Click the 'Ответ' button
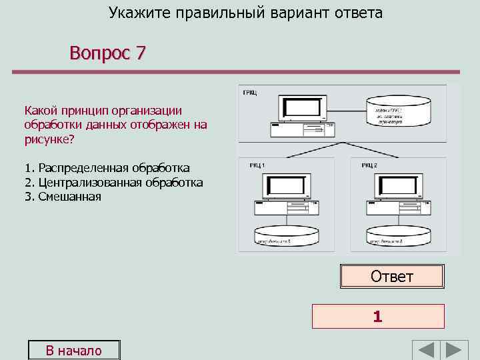tap(392, 276)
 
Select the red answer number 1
tap(378, 317)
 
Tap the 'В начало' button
tap(73, 351)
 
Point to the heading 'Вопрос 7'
tap(107, 53)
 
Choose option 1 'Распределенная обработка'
tap(107, 168)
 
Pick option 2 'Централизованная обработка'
tap(113, 182)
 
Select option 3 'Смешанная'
tap(63, 196)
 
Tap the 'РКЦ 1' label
tap(257, 165)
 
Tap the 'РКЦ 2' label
tap(369, 165)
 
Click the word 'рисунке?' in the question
tap(49, 139)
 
